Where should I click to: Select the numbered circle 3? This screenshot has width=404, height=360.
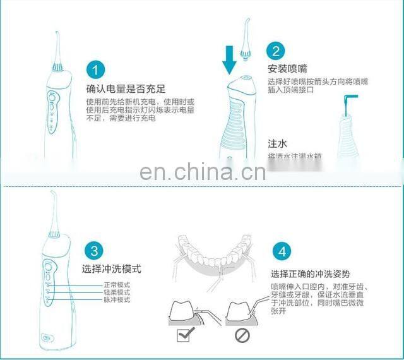[x=93, y=251]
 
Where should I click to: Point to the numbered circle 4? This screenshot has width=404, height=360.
[x=282, y=251]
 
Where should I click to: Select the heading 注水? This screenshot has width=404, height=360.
[x=278, y=143]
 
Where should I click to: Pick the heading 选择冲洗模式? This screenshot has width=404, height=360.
[x=112, y=269]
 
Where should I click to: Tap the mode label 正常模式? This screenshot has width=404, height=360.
[x=117, y=284]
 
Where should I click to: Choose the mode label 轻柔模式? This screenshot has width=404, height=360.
[x=117, y=292]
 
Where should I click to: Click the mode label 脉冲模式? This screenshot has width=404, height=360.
[x=117, y=299]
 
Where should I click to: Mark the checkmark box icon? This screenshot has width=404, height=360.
[x=185, y=335]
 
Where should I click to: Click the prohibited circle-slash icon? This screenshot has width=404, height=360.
[x=242, y=335]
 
